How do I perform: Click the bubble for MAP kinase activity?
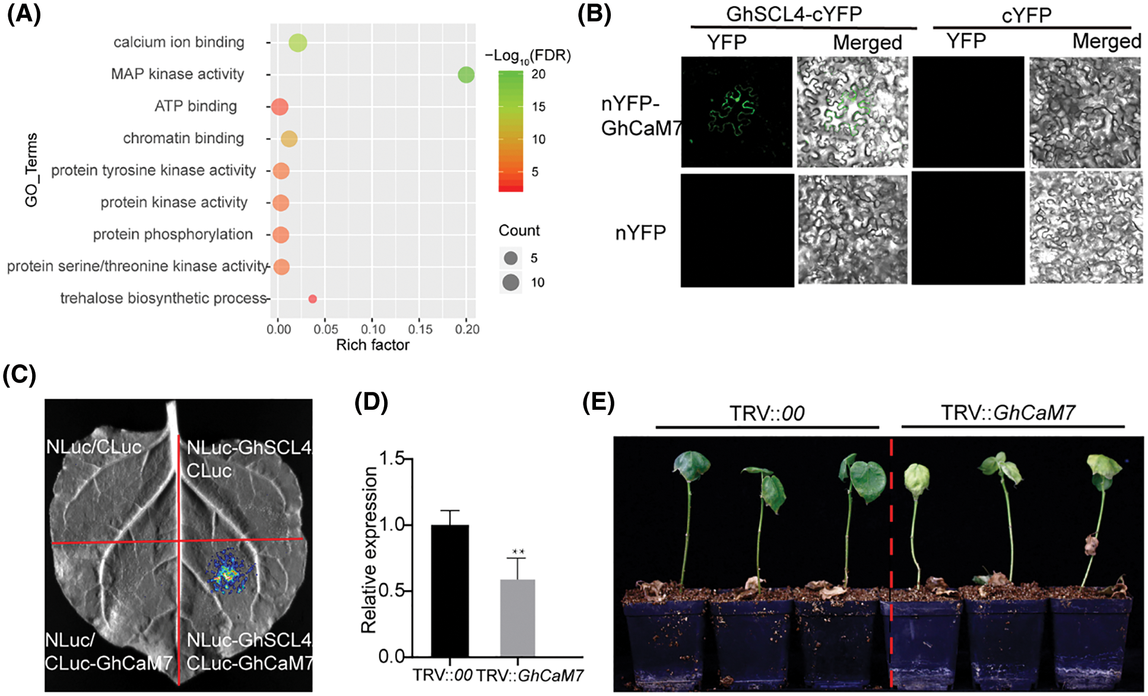click(466, 75)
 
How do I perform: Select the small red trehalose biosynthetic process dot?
click(312, 299)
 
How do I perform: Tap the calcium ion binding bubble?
click(297, 43)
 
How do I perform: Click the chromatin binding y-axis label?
click(183, 138)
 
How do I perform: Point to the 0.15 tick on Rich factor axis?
click(420, 329)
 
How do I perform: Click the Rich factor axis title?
click(372, 345)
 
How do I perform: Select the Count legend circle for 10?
click(510, 282)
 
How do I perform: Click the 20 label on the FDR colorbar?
click(538, 74)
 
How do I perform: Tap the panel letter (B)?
click(594, 14)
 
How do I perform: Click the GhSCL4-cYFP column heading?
click(794, 14)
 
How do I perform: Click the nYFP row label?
click(640, 233)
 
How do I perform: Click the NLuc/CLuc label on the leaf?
click(94, 447)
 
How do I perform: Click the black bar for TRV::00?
click(449, 590)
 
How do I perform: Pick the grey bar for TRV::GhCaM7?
click(517, 618)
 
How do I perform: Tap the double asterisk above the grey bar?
click(518, 552)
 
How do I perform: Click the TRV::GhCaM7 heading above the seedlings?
click(1007, 413)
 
